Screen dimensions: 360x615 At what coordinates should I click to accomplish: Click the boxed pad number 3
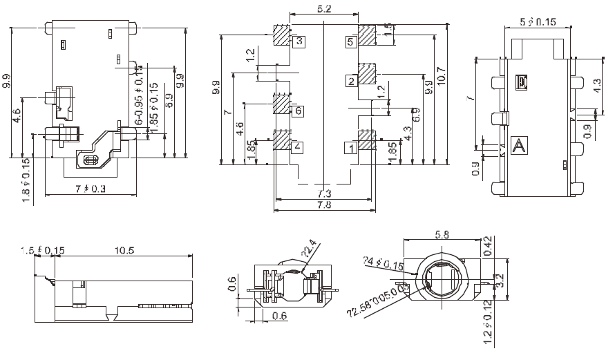pyautogui.click(x=299, y=41)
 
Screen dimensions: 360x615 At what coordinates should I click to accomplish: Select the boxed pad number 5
pyautogui.click(x=350, y=42)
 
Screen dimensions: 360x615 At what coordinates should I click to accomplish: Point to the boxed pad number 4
pyautogui.click(x=297, y=146)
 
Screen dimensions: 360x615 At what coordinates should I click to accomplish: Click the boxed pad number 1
pyautogui.click(x=351, y=146)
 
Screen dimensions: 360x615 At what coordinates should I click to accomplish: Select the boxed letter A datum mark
pyautogui.click(x=518, y=145)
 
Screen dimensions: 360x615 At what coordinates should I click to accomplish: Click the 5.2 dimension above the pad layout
pyautogui.click(x=323, y=9)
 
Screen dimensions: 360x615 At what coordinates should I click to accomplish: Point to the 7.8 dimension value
pyautogui.click(x=323, y=206)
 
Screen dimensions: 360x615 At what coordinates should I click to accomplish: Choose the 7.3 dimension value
pyautogui.click(x=323, y=193)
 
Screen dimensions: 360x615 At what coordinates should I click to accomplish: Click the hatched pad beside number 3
pyautogui.click(x=281, y=35)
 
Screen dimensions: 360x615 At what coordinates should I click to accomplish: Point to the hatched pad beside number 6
pyautogui.click(x=281, y=104)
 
